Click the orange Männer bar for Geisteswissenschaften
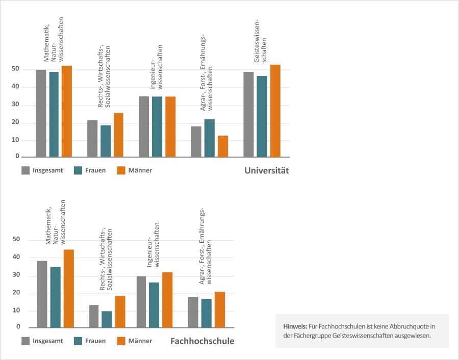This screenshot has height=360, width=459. (275, 111)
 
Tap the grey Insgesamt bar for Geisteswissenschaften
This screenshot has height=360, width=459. (248, 114)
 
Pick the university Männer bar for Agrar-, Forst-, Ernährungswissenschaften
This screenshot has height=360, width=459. (223, 146)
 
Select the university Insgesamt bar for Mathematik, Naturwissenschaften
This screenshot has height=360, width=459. (41, 113)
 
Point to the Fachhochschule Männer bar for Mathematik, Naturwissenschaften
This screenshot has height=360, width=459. (68, 289)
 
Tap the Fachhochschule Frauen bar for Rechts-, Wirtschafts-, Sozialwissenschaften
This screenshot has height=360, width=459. (107, 319)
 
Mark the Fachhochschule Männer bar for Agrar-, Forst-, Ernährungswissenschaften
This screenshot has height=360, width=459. (219, 310)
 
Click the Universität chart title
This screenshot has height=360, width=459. (266, 170)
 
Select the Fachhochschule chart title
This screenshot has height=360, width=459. (202, 341)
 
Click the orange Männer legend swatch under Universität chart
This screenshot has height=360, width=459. (121, 170)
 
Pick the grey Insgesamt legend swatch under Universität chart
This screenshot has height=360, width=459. (26, 170)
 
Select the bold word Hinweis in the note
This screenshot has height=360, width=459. (294, 326)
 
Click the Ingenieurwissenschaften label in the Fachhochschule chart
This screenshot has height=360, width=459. (154, 245)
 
